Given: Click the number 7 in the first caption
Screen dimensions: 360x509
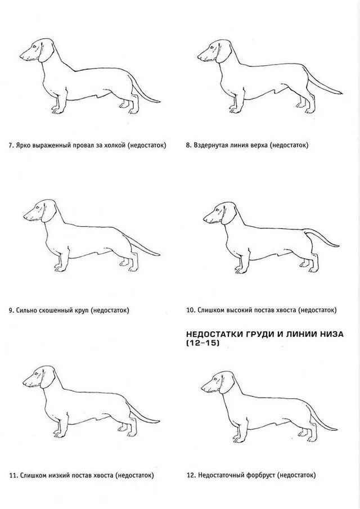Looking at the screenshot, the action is coord(10,146).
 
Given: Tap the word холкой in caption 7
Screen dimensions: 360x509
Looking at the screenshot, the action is coord(115,146).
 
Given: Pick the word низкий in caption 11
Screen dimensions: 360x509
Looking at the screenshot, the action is coord(60,476).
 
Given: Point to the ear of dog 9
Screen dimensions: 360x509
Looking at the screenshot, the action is coord(49,210).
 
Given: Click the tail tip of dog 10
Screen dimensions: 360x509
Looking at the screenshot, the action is coord(338,245).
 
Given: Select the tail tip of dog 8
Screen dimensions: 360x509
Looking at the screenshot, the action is coord(341,94).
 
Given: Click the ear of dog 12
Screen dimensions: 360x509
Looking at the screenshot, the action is coord(226,382).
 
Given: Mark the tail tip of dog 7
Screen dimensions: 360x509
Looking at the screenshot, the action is coord(159,102).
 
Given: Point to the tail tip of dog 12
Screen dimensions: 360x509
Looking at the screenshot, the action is coord(336,430).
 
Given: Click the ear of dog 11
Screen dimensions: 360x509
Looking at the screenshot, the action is coord(48,377).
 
